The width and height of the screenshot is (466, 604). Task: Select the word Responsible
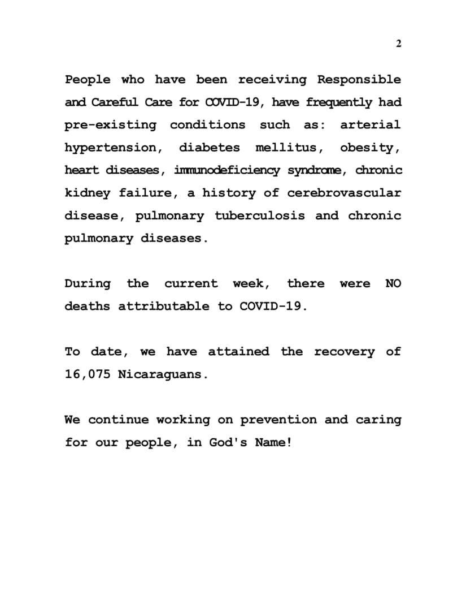(359, 80)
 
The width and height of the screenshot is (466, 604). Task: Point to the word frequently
(339, 102)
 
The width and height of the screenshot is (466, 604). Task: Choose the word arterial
(370, 125)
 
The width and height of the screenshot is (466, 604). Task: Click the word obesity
(370, 148)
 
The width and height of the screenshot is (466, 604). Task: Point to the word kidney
(88, 193)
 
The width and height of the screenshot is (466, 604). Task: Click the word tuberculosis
(260, 216)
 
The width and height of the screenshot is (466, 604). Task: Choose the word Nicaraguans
(162, 374)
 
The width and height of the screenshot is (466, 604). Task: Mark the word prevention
(278, 420)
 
